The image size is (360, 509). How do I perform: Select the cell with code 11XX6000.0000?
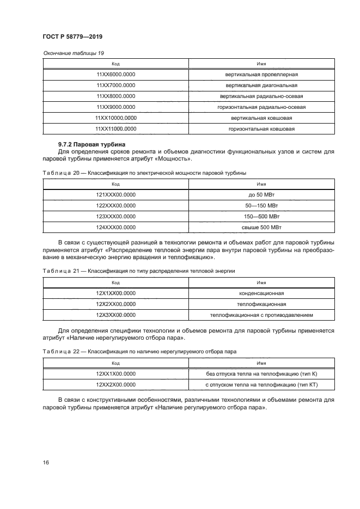click(115, 74)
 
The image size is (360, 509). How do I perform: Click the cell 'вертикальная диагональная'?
click(261, 85)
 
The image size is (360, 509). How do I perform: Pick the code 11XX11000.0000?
click(115, 128)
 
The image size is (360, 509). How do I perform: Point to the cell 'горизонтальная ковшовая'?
click(261, 128)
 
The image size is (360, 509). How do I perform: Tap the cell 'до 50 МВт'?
click(261, 194)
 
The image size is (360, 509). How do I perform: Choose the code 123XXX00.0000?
click(115, 216)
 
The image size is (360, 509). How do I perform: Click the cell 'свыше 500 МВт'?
click(261, 227)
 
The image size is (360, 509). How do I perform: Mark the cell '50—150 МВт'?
click(261, 205)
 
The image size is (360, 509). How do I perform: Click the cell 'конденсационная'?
click(261, 293)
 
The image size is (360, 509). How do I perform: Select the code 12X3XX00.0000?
click(115, 315)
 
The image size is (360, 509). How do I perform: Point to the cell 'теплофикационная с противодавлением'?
click(261, 315)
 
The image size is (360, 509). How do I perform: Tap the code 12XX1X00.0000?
click(115, 374)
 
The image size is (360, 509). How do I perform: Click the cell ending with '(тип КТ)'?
click(261, 385)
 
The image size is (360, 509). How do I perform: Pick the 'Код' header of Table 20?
click(115, 184)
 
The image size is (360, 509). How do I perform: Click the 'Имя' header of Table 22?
click(261, 363)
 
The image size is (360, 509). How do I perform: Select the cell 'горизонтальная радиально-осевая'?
click(261, 107)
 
